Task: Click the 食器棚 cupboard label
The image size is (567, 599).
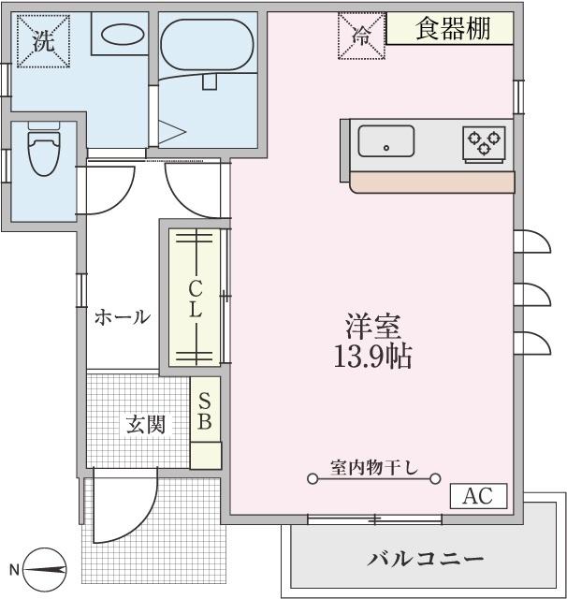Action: point(452,28)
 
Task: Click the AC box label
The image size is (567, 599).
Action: point(478,496)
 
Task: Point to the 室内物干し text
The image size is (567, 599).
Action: point(373,465)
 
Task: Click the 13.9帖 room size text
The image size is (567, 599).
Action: point(372,357)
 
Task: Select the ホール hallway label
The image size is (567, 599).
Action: point(122,316)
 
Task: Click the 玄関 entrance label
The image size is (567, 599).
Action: point(145,424)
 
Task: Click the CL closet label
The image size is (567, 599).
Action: point(196,298)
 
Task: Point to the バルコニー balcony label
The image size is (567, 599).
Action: point(426,560)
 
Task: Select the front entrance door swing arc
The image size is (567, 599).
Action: point(126,515)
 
